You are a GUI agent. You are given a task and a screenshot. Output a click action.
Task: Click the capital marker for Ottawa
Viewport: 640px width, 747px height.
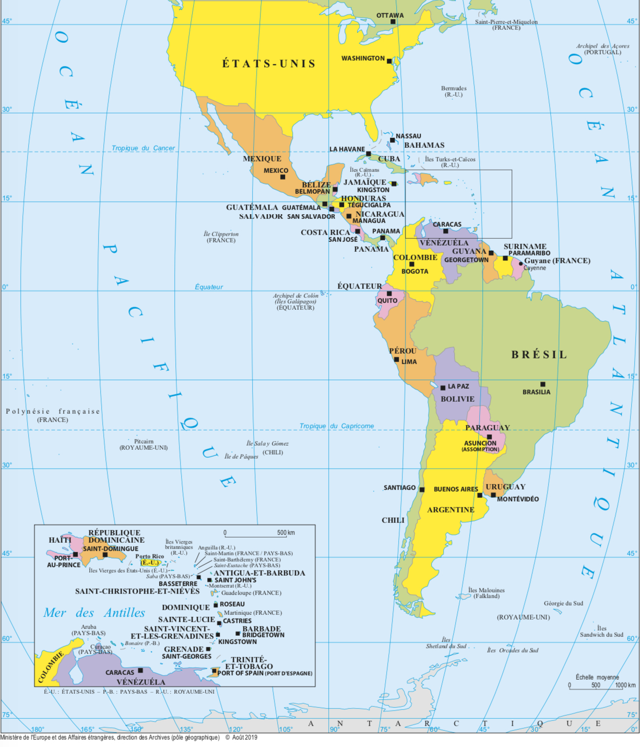[393, 21]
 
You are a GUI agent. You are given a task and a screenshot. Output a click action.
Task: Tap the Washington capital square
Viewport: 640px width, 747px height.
[389, 61]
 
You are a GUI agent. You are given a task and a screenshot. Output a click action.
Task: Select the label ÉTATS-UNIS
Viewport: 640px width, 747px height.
[269, 64]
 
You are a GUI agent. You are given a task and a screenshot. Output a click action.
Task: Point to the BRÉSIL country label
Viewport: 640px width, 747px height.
[539, 355]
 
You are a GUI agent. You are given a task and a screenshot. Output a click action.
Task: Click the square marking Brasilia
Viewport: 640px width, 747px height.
[543, 384]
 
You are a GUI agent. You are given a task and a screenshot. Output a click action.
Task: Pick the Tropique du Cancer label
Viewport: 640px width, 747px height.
[143, 148]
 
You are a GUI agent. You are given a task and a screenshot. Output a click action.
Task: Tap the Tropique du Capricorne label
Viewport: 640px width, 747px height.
[336, 426]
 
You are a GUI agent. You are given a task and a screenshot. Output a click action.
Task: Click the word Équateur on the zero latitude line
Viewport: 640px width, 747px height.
[208, 287]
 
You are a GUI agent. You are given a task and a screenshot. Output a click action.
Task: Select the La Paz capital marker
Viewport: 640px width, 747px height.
[443, 388]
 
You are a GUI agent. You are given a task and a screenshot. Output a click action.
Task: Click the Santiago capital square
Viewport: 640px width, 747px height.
[422, 489]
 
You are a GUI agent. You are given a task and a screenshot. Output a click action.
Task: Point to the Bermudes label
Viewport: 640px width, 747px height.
[454, 89]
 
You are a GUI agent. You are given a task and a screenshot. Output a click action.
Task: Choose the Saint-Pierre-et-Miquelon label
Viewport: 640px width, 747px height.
[506, 22]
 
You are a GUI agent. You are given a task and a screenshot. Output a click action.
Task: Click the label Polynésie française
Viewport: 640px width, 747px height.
[53, 412]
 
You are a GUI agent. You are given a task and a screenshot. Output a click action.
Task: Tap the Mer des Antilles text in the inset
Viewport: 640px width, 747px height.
[94, 613]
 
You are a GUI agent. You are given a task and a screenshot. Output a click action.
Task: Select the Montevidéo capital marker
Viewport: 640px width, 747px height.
[493, 495]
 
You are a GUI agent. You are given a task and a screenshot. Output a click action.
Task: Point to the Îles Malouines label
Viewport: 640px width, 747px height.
[486, 590]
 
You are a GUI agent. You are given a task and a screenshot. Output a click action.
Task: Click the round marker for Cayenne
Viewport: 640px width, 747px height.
[520, 264]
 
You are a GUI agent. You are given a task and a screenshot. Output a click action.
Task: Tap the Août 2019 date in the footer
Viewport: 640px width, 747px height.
[245, 738]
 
